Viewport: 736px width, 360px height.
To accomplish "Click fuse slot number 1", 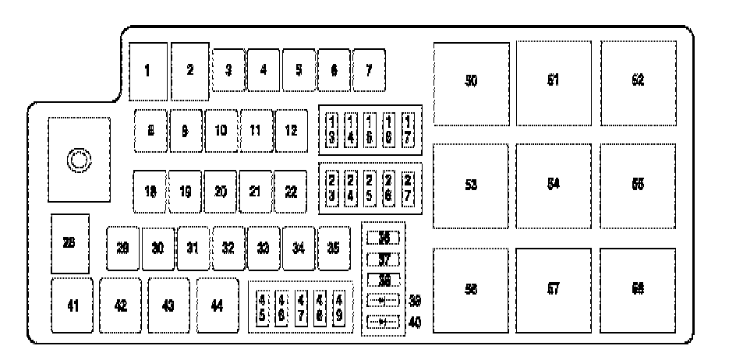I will coord(148,71).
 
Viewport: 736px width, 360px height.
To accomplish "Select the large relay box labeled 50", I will coord(471,83).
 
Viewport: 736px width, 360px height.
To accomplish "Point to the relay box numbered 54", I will coord(554,185).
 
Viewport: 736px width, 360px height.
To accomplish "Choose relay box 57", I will coord(554,288).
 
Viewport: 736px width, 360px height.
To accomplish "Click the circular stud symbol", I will coord(78,161).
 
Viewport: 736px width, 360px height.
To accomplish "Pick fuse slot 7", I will coord(369,70).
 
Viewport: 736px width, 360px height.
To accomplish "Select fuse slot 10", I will coord(221,130).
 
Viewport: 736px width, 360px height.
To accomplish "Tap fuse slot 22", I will coord(291,191).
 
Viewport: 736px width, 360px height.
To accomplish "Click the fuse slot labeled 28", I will coord(69,243).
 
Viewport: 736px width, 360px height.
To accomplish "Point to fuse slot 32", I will coord(228,249).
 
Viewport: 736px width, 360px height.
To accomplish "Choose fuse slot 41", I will coord(73,305).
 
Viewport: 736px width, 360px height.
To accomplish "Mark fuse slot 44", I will coord(218,305).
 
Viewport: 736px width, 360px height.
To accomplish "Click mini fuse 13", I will coord(332,130).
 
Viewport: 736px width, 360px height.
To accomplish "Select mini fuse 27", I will coord(408,188).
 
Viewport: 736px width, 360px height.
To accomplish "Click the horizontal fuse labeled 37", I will coord(383,259).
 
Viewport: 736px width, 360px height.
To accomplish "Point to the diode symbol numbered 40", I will coord(382,320).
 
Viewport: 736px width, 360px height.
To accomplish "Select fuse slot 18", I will coord(150,191).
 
